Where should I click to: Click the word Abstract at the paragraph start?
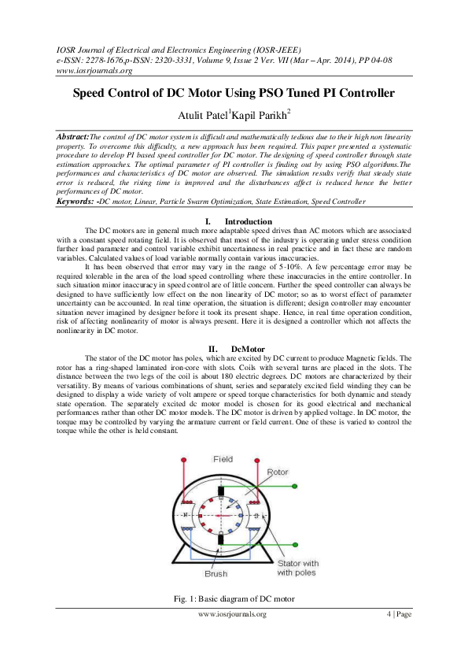pos(73,136)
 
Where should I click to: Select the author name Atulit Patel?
pos(203,117)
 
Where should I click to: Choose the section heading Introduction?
pos(248,221)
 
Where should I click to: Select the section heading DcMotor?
pos(248,348)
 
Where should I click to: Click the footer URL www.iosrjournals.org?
pos(233,614)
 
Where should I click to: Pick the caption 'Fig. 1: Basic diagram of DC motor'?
pos(234,599)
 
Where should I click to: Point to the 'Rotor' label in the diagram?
pos(277,472)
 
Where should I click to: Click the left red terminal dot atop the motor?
pos(183,460)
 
